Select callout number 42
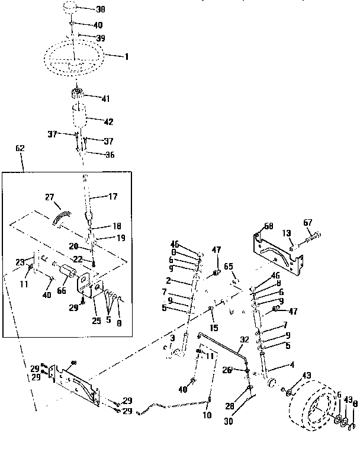(108, 121)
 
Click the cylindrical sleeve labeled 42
(83, 114)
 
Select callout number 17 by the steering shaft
(112, 197)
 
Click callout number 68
(268, 226)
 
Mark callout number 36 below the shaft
(110, 155)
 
